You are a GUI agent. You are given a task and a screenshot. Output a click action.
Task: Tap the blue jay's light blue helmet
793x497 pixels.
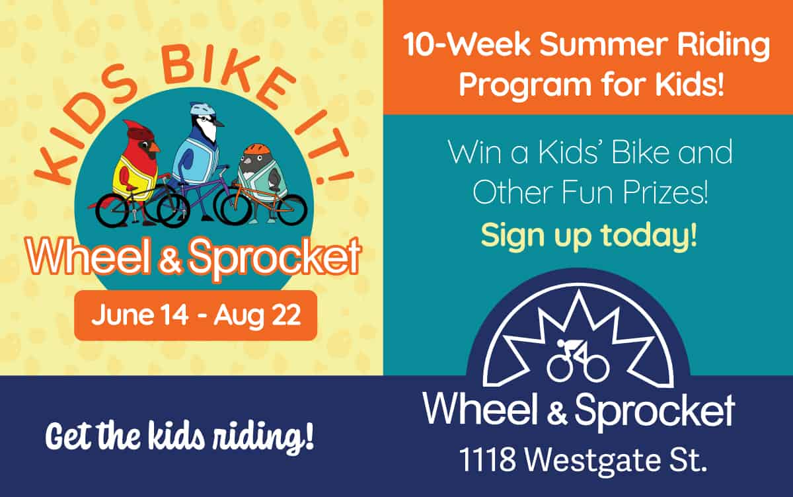pyautogui.click(x=203, y=108)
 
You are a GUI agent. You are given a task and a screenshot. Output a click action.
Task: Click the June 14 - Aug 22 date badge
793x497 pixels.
pyautogui.click(x=196, y=315)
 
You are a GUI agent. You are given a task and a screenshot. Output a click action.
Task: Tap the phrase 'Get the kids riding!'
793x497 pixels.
pyautogui.click(x=180, y=436)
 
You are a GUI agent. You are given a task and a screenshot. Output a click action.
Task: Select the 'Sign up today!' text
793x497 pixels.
pyautogui.click(x=589, y=236)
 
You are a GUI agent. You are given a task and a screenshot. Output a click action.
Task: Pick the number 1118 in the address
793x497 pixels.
pyautogui.click(x=488, y=460)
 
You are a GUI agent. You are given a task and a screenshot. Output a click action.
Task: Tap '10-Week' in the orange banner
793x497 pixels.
pyautogui.click(x=467, y=45)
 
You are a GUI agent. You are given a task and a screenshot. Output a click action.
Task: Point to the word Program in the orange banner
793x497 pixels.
pyautogui.click(x=525, y=86)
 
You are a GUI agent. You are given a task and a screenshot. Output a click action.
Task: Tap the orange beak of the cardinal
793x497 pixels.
pyautogui.click(x=154, y=151)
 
